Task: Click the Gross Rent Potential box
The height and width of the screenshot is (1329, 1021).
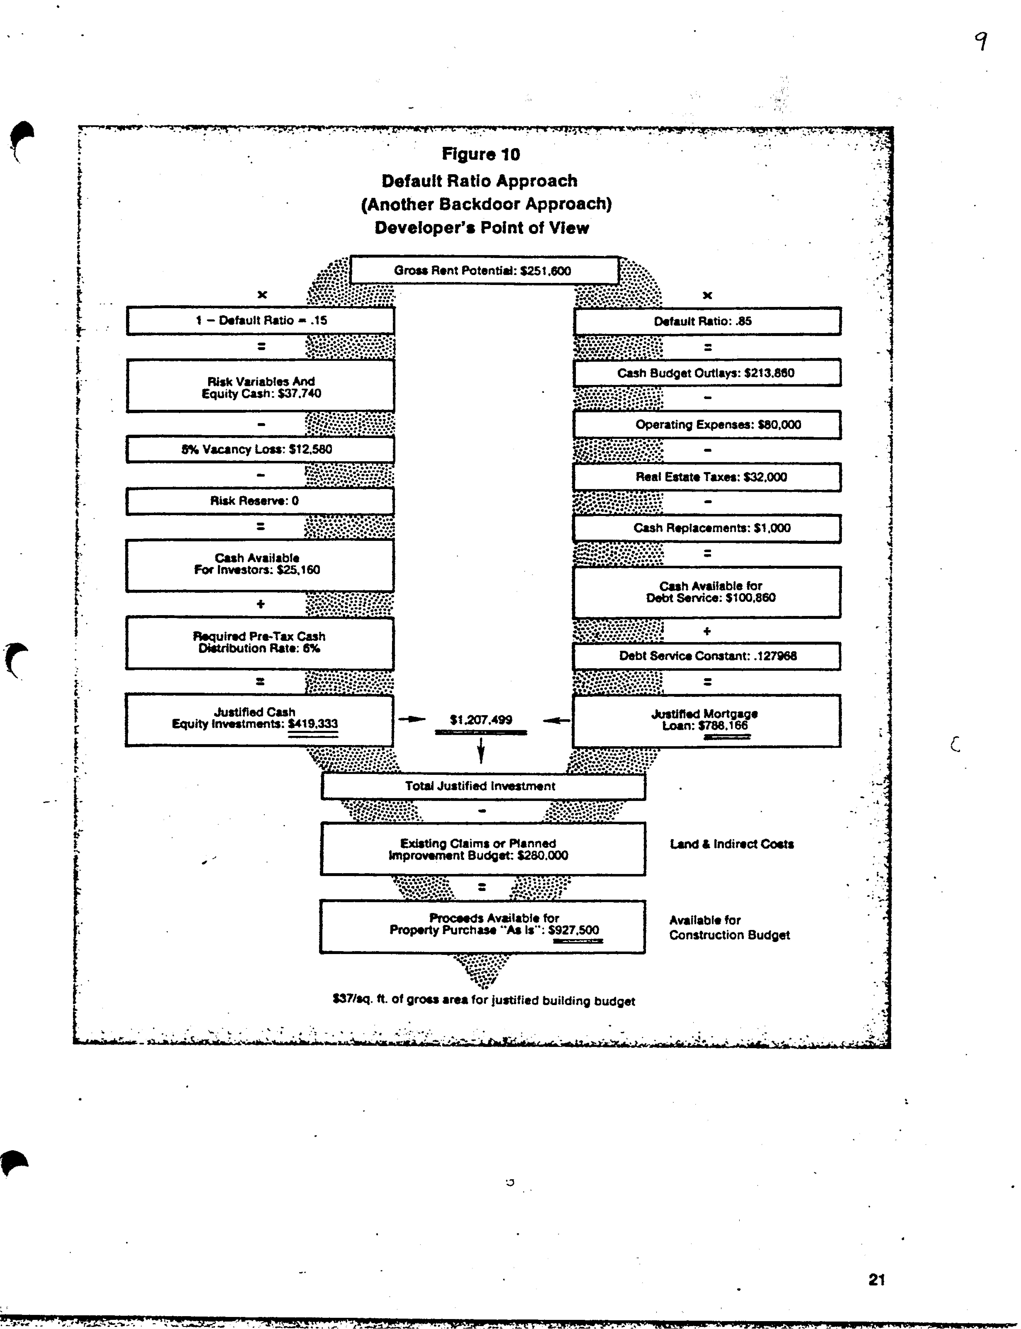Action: click(x=484, y=270)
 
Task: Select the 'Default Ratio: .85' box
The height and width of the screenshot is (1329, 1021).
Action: click(x=707, y=321)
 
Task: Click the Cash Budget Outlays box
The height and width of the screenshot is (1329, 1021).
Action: click(x=707, y=373)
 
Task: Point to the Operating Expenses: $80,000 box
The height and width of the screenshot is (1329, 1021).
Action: click(x=707, y=424)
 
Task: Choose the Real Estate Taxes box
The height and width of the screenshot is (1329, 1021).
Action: click(x=707, y=477)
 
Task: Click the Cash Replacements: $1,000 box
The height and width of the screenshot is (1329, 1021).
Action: click(x=707, y=528)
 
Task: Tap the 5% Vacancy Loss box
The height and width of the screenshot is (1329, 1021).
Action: click(x=260, y=449)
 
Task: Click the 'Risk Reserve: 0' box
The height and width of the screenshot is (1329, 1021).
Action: click(x=260, y=501)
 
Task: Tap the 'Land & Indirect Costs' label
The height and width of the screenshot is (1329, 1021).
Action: click(x=732, y=844)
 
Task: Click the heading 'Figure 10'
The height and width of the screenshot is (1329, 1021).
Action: click(x=481, y=155)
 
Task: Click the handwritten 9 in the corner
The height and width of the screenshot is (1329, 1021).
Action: click(x=980, y=41)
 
